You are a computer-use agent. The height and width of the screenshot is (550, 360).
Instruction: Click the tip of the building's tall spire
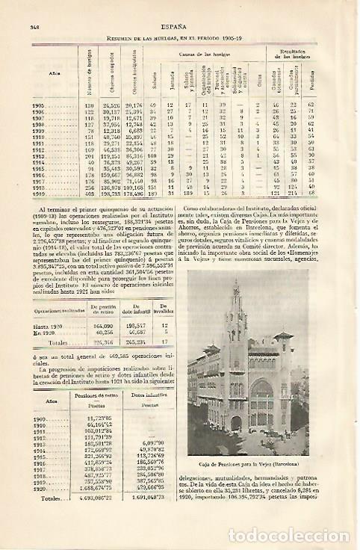tap(238, 283)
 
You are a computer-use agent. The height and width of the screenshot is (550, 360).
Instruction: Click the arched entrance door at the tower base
tap(237, 424)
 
